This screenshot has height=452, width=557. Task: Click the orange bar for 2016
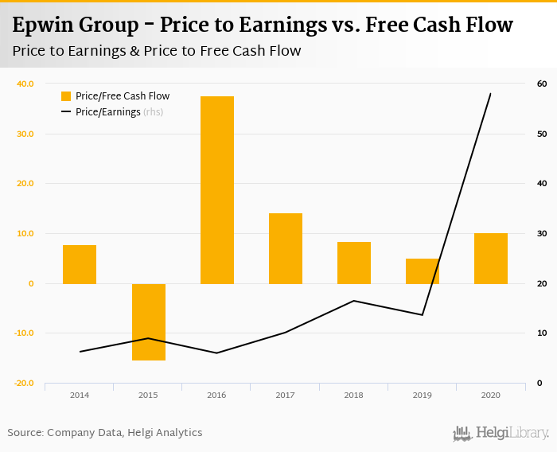click(x=217, y=190)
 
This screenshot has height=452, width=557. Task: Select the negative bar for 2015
click(x=149, y=321)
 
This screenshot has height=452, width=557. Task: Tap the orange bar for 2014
click(x=80, y=264)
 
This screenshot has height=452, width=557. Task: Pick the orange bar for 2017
click(x=286, y=248)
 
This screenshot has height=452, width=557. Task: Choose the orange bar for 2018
click(x=354, y=263)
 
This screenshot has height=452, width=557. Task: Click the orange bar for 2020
click(x=491, y=259)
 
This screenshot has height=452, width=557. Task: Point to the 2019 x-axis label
click(x=422, y=395)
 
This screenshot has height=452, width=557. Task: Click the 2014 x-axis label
click(x=80, y=395)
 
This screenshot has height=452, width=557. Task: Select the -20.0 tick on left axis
click(x=24, y=383)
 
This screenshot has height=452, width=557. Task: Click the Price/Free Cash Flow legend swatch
click(x=66, y=96)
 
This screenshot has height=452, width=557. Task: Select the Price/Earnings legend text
click(x=108, y=112)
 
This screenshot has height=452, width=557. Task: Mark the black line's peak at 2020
click(x=491, y=93)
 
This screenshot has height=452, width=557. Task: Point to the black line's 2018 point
click(x=354, y=301)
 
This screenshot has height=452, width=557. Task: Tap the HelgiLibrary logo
click(x=501, y=433)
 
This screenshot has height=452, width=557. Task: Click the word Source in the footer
click(x=25, y=433)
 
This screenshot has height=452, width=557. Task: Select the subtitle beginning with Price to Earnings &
click(x=157, y=51)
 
